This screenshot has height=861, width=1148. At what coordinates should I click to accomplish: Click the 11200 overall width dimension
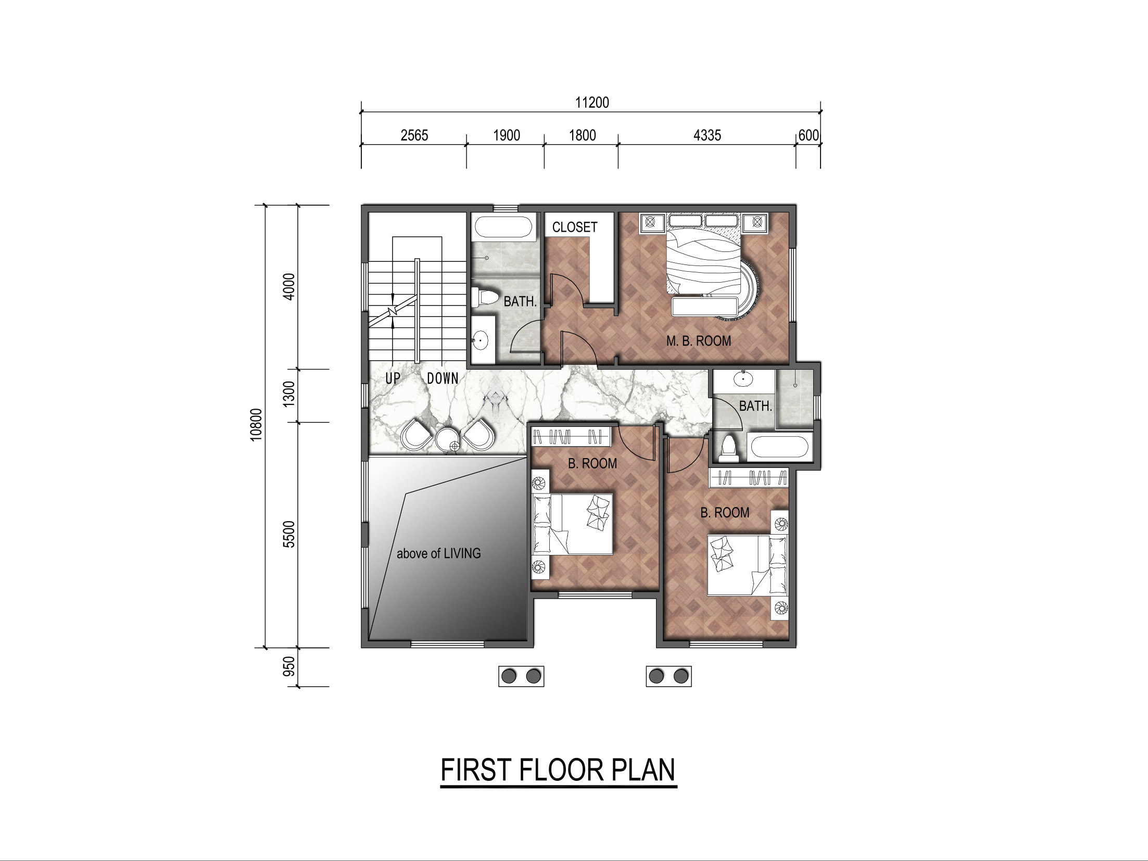tap(592, 102)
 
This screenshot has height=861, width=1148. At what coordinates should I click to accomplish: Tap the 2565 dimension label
tap(414, 135)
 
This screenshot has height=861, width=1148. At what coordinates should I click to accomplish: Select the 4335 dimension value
tap(708, 135)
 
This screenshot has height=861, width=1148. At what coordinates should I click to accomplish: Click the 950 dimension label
tap(289, 666)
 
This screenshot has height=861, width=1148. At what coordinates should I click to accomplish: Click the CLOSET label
tap(575, 227)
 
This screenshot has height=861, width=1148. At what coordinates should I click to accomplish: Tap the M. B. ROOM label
tap(699, 341)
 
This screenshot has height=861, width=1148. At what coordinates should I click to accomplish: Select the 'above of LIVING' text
tap(439, 553)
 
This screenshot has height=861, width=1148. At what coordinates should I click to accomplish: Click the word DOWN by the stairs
tap(443, 378)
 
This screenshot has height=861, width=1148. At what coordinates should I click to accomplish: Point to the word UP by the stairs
tap(393, 378)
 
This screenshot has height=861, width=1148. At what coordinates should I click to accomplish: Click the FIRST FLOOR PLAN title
tap(558, 770)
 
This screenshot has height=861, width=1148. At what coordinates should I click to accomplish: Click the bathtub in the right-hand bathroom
tap(779, 448)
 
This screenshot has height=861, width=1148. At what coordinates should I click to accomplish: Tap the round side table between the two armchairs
tap(448, 440)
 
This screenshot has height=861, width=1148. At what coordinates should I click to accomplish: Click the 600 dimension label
tap(809, 135)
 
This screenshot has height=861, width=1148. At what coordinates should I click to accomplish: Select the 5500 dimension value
tap(289, 534)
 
